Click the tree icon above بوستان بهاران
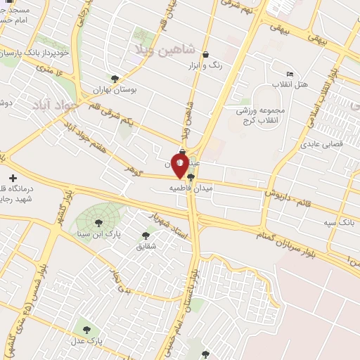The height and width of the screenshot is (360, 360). [115, 79]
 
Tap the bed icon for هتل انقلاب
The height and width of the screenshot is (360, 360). [290, 75]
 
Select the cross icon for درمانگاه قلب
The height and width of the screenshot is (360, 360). [13, 178]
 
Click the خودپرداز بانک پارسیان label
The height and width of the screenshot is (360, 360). [35, 53]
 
